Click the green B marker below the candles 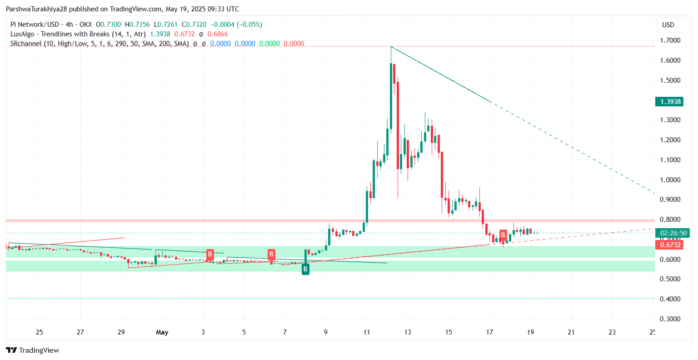tap(305, 269)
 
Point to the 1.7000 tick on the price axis tap(670, 40)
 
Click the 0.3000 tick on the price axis tap(670, 319)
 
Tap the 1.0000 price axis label tap(670, 180)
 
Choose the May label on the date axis tap(162, 332)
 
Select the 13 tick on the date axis tap(408, 332)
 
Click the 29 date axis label tap(121, 332)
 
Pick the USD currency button tap(668, 25)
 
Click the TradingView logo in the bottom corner tap(33, 350)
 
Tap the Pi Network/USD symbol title tap(35, 25)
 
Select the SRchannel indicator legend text tap(100, 44)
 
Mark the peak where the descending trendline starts tap(391, 46)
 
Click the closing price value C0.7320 tap(194, 25)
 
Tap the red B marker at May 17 tap(503, 235)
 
